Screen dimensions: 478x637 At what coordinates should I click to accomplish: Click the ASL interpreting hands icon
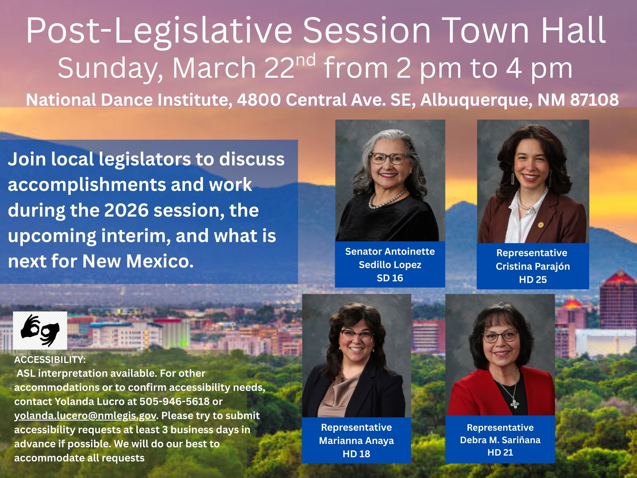40,331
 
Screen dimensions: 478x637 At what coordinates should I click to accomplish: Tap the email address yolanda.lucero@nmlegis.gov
85,415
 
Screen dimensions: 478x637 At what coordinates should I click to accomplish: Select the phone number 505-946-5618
174,401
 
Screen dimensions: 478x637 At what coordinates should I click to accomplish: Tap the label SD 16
390,278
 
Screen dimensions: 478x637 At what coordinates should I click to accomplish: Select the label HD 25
533,280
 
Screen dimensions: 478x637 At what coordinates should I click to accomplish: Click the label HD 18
356,454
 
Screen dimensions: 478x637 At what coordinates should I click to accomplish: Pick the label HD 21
500,453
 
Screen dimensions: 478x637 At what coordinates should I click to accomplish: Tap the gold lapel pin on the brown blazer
541,224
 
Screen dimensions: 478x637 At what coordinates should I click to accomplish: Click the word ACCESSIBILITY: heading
50,360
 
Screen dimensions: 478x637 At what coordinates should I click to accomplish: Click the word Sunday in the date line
111,68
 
